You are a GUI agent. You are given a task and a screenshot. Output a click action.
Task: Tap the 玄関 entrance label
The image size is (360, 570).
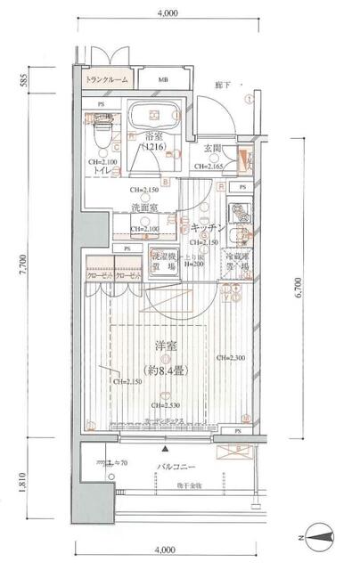coord(213,148)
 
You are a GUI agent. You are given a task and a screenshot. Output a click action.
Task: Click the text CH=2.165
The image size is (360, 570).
coord(213,167)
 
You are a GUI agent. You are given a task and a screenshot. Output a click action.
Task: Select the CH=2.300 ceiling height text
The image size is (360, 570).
coord(232,357)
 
